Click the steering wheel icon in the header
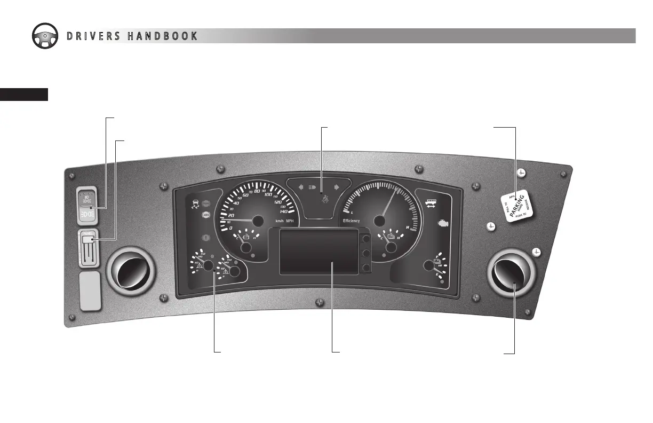coord(46,35)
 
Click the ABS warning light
coord(206,215)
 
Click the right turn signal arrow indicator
coord(337,187)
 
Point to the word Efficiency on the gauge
coord(351,221)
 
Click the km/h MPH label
coord(284,221)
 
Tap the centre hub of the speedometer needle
coord(259,221)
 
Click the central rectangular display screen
coord(318,251)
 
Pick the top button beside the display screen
coord(365,238)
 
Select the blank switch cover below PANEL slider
coord(90,291)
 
